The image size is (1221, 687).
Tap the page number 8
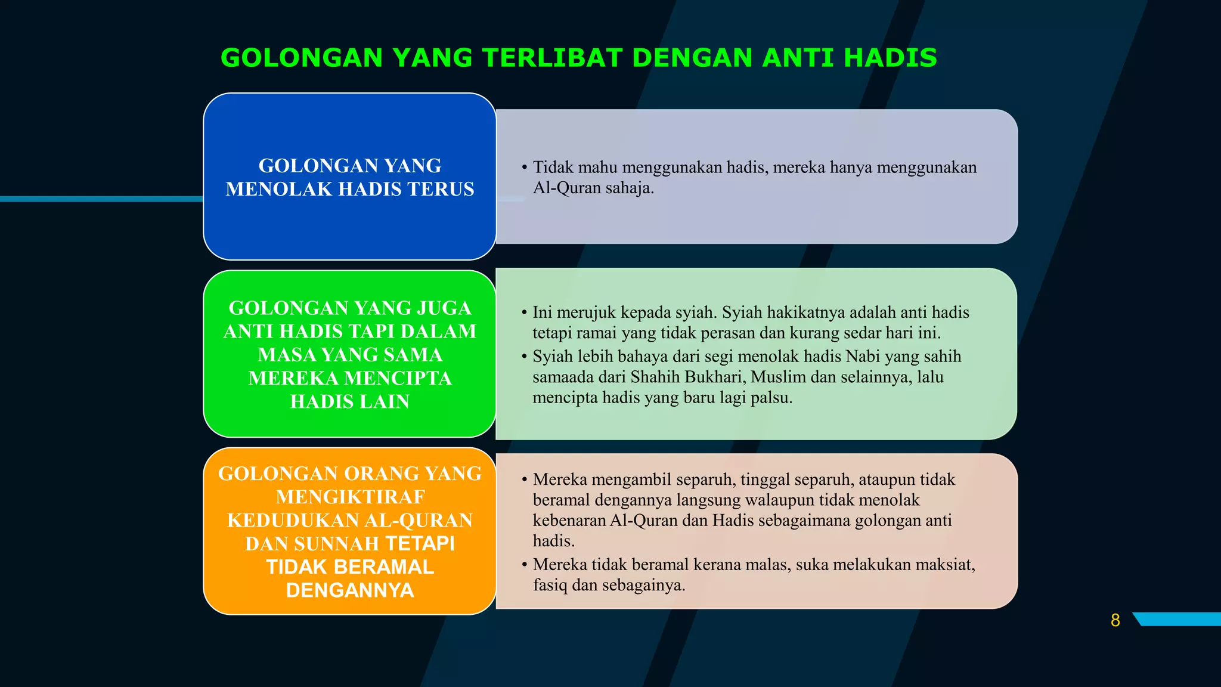[x=1115, y=620]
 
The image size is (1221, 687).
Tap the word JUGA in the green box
[x=444, y=308]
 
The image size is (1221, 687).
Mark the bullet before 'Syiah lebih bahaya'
[x=524, y=357]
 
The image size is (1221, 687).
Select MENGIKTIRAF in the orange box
[x=350, y=497]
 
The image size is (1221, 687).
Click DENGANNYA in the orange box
[x=350, y=590]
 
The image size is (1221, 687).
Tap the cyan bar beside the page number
[x=1178, y=619]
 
